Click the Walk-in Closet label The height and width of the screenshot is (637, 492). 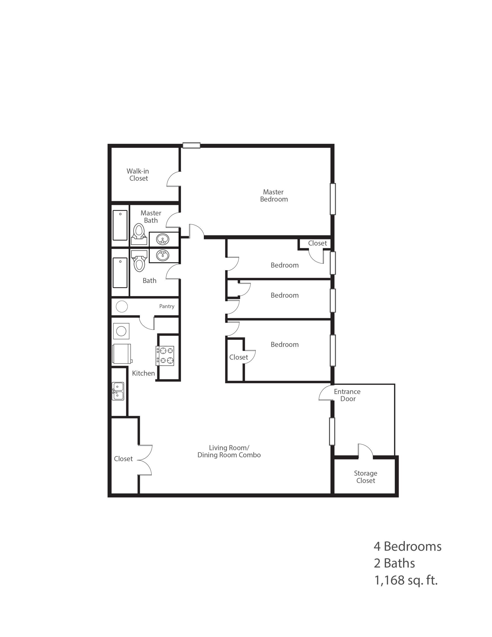138,175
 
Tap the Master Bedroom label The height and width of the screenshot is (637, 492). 274,196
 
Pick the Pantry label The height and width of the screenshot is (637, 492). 167,306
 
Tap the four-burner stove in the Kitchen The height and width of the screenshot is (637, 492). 165,356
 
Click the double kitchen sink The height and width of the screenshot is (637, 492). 118,391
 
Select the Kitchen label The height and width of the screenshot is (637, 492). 143,373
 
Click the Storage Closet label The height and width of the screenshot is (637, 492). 365,477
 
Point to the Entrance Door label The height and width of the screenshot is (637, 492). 347,395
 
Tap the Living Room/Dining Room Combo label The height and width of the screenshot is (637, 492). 229,452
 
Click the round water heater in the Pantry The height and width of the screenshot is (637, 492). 122,306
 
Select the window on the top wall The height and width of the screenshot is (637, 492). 191,145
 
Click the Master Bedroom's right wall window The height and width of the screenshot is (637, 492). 333,199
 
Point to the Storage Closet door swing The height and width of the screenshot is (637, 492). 365,451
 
